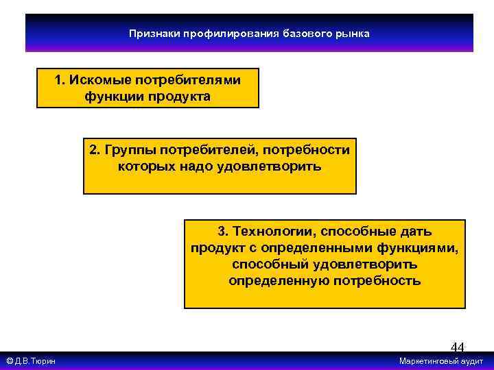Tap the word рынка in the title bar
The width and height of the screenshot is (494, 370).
tap(353, 34)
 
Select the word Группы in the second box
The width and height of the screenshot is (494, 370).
tap(128, 150)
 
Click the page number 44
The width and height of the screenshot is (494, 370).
tap(457, 347)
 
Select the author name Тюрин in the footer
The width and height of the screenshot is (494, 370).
tap(43, 361)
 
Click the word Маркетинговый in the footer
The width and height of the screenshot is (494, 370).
tap(430, 361)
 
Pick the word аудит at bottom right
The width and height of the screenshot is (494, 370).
tap(473, 361)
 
